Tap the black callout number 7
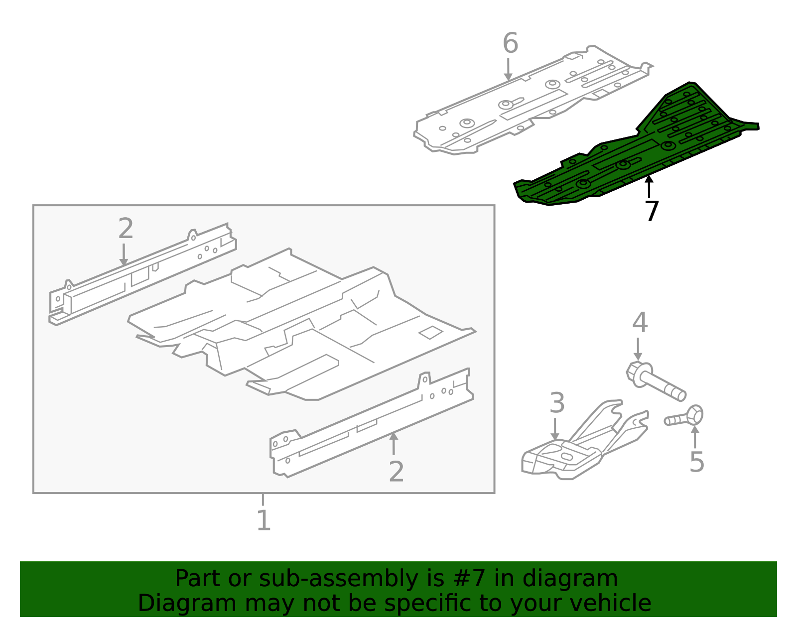652,211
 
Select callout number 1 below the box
264,519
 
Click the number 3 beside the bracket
557,403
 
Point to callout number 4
640,322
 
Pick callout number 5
696,462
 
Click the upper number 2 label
126,228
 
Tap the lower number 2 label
396,472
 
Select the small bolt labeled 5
683,417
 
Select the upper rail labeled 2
143,274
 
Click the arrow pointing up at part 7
649,187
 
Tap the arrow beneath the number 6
508,69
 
